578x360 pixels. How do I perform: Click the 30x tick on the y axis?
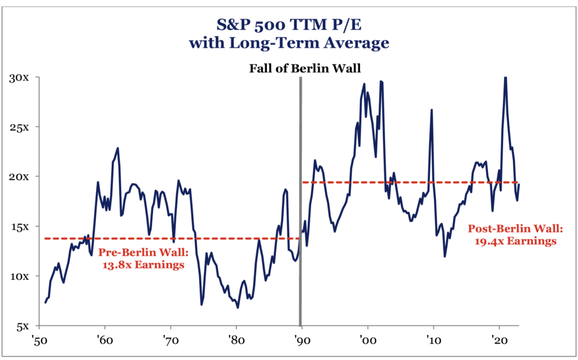point(23,77)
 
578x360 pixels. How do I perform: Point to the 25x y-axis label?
point(23,126)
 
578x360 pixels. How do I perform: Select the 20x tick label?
point(23,176)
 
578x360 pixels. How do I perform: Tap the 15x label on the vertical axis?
point(23,226)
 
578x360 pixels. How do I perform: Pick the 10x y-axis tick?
point(23,276)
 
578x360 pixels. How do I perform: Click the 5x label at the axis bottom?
point(25,326)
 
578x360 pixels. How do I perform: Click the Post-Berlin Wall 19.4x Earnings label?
point(513,235)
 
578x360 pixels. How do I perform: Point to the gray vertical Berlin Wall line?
point(300,197)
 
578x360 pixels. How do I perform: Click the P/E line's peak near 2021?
point(505,77)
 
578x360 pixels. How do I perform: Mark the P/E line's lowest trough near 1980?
point(238,308)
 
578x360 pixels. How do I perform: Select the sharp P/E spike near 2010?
point(432,110)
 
